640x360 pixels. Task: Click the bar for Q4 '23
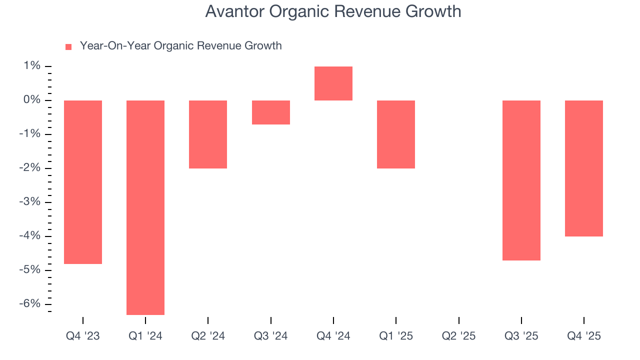[83, 182]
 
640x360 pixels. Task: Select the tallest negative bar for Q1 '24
[145, 207]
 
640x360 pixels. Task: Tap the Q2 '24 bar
[208, 134]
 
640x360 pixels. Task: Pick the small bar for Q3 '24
[270, 112]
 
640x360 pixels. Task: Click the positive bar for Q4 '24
[333, 83]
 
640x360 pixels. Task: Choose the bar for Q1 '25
[396, 134]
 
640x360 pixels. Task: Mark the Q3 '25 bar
[521, 180]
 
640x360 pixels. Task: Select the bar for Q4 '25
[584, 168]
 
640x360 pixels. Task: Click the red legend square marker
[68, 47]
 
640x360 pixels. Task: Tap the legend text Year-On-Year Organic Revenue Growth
[180, 46]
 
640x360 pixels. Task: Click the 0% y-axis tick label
[31, 100]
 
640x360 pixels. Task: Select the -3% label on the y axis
[30, 202]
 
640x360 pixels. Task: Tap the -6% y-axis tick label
[30, 304]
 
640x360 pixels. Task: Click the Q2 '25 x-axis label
[458, 336]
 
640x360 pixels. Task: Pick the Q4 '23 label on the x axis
[83, 336]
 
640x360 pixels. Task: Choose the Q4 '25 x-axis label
[584, 336]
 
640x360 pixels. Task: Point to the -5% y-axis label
[30, 270]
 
